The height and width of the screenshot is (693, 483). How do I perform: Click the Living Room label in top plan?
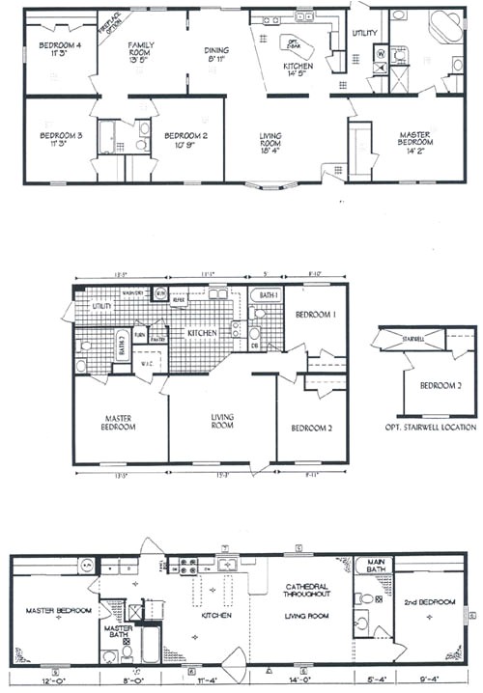click(x=270, y=141)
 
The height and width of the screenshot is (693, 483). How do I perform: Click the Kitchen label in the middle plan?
click(x=201, y=332)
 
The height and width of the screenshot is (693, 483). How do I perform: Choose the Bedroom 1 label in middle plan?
click(x=315, y=316)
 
